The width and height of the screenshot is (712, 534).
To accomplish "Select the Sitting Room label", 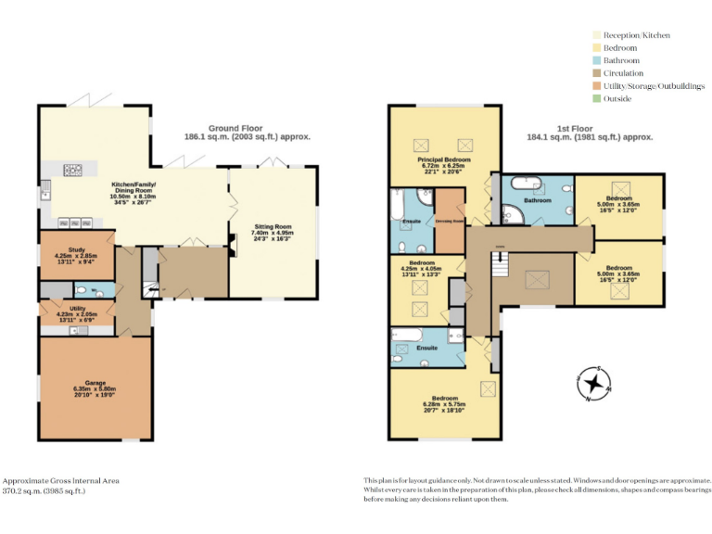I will click(273, 226).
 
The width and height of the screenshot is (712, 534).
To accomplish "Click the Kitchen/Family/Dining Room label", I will click(133, 185).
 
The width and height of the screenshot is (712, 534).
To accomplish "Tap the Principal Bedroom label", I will click(443, 159).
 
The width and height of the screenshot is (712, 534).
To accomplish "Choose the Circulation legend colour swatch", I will click(597, 73).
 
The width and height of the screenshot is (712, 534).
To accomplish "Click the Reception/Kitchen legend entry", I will click(636, 35).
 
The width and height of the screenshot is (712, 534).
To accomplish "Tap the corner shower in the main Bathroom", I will click(513, 214).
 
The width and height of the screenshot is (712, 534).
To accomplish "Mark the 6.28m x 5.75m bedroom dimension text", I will click(443, 404).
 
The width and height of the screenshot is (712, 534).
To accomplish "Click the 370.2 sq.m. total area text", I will click(44, 491).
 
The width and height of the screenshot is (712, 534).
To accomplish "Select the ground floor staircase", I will click(147, 278).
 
